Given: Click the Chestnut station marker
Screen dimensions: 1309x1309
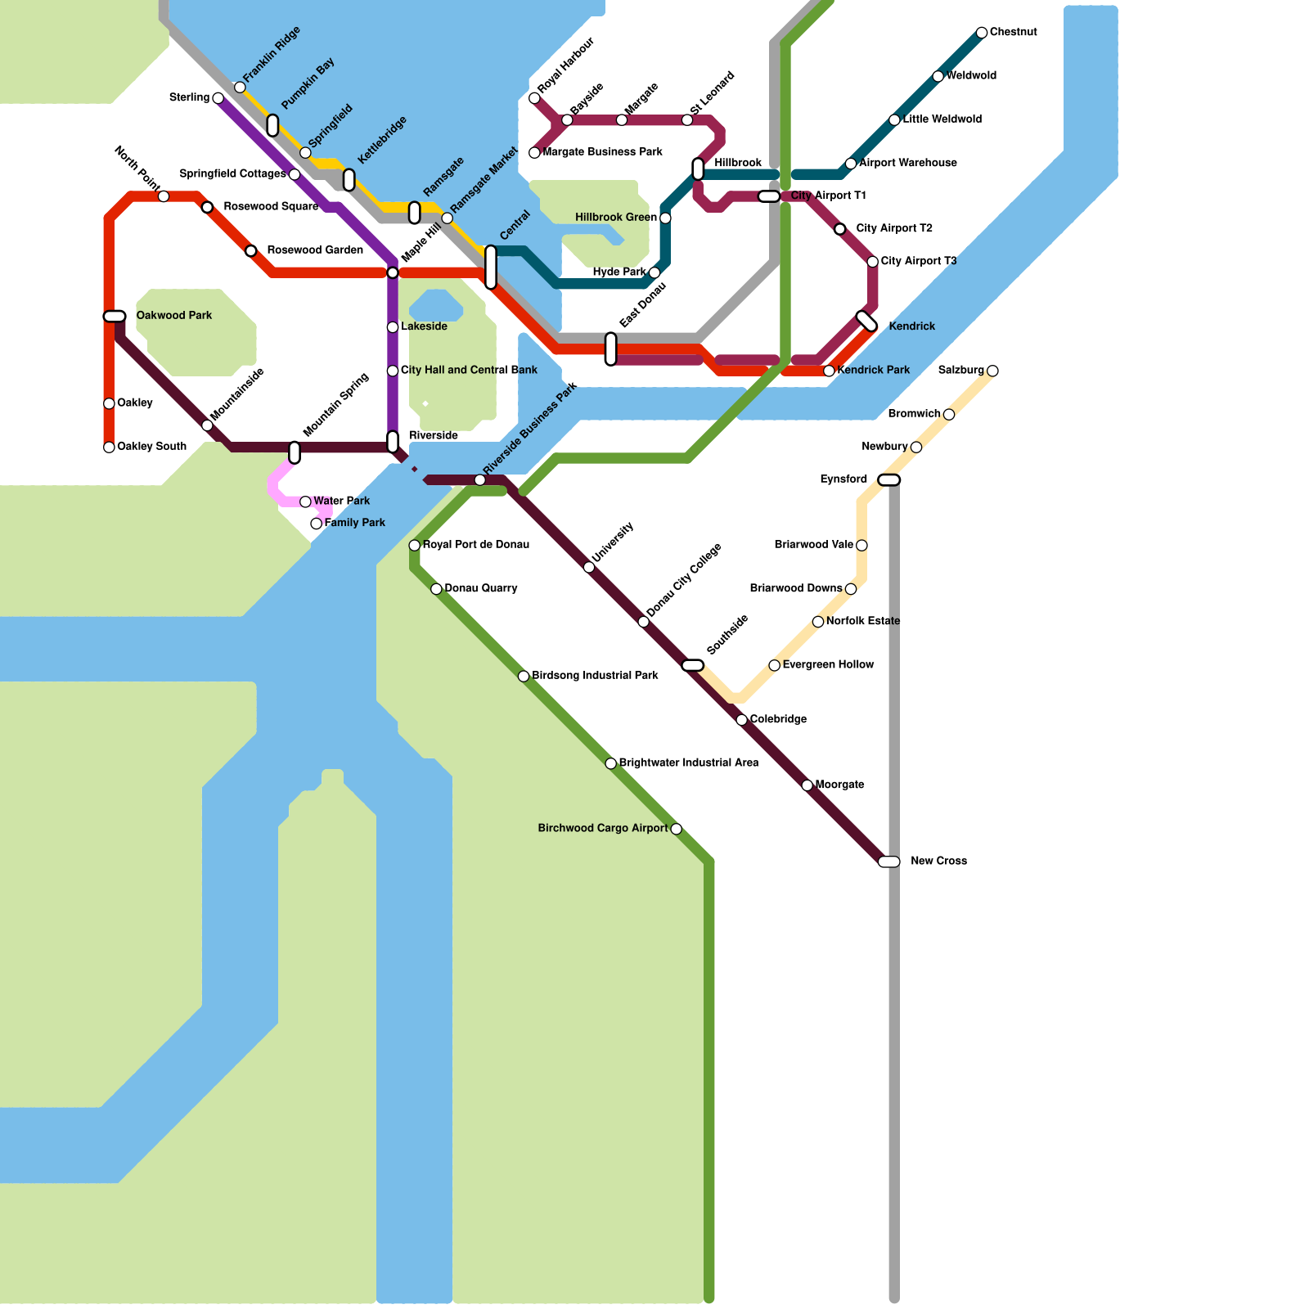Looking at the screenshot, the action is [x=982, y=33].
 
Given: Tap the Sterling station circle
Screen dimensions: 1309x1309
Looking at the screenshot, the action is [x=218, y=98].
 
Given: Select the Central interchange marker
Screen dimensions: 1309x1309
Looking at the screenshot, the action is [x=491, y=267].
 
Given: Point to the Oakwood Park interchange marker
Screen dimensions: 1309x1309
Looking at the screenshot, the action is [x=115, y=317].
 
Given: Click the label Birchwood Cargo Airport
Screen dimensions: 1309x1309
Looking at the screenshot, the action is [x=602, y=829].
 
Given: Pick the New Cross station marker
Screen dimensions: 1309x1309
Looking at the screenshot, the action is [x=889, y=861].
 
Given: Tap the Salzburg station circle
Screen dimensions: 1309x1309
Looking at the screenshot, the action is [x=992, y=371].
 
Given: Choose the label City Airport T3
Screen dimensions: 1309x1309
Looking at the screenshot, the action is [x=918, y=262].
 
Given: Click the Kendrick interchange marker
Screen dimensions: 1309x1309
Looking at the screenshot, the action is [x=866, y=322].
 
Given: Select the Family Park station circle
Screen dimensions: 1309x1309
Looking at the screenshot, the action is [x=317, y=524].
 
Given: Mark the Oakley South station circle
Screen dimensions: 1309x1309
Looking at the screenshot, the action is [x=109, y=447].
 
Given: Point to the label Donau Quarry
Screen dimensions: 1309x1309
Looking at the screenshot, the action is [x=480, y=588].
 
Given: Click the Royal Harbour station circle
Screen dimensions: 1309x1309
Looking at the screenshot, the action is [x=534, y=98].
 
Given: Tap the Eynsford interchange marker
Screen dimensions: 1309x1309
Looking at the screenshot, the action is [x=889, y=480].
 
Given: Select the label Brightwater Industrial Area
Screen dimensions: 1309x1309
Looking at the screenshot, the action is [x=688, y=763].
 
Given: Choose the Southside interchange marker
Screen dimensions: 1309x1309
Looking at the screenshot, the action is [x=692, y=665].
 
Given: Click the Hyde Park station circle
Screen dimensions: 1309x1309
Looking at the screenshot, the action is [x=654, y=272].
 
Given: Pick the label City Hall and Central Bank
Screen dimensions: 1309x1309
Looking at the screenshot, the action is [x=469, y=371].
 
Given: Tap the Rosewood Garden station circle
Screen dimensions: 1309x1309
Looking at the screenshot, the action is [x=251, y=250].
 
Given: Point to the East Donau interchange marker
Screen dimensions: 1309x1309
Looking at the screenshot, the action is [x=611, y=349].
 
